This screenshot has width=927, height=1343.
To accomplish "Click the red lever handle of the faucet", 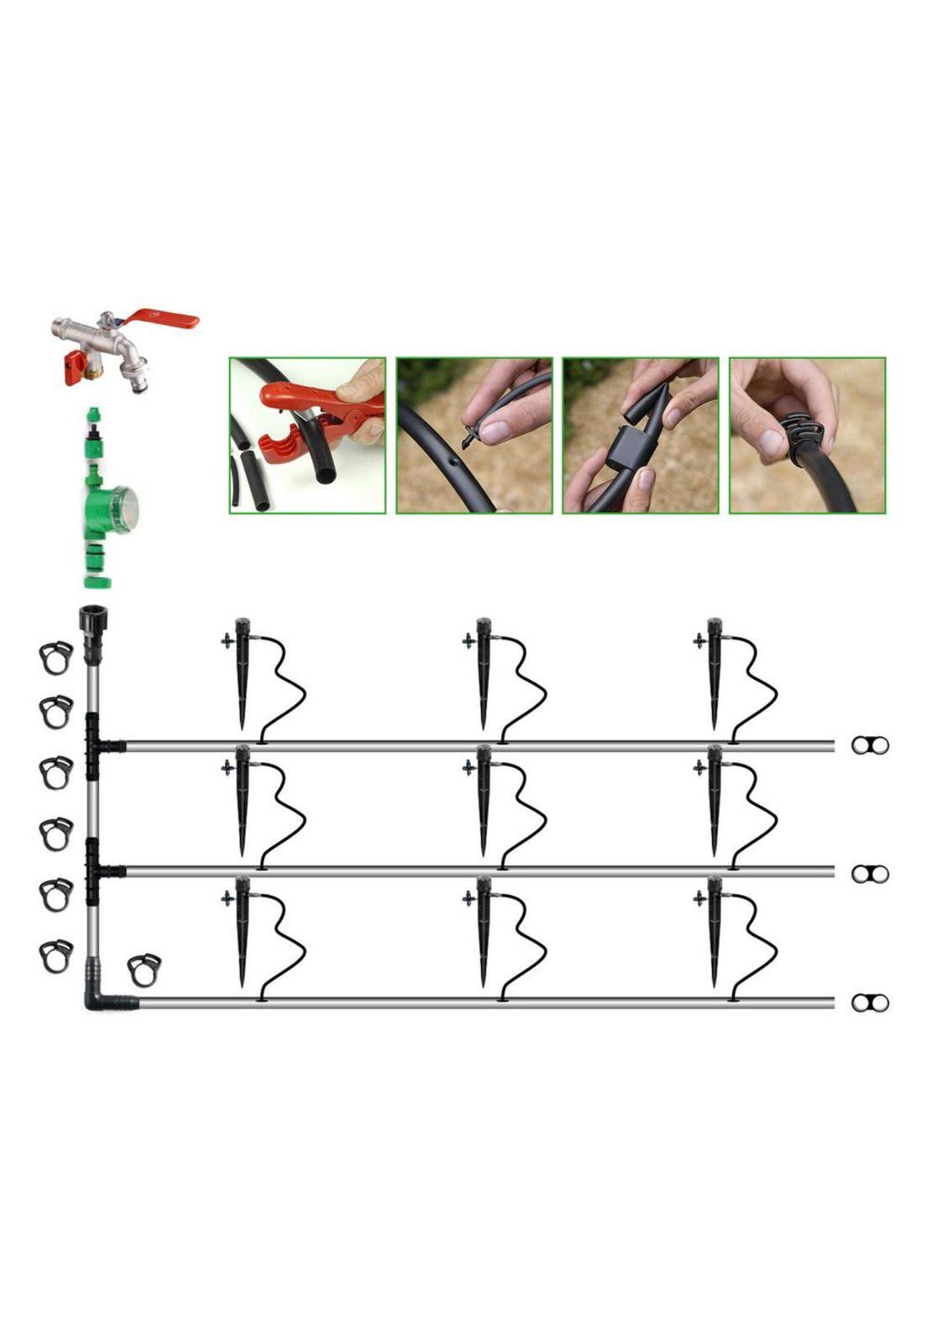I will [x=168, y=320].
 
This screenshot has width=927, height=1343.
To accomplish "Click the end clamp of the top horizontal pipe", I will [x=870, y=745].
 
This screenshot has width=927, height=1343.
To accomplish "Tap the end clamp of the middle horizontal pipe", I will [x=870, y=874].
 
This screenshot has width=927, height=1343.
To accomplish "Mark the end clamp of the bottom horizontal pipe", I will [x=870, y=1002].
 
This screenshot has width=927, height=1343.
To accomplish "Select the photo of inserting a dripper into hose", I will [x=474, y=436].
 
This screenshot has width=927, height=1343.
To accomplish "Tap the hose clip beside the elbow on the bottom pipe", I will [x=144, y=969].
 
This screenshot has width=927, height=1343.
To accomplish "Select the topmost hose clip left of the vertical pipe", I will [x=55, y=657].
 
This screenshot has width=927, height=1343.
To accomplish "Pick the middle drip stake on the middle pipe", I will [x=483, y=802].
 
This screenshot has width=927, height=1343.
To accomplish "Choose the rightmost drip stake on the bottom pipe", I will [x=715, y=932].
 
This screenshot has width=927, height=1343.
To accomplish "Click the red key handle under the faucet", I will [x=76, y=366].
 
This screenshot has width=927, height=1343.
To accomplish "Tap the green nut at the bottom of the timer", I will [x=102, y=580].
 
